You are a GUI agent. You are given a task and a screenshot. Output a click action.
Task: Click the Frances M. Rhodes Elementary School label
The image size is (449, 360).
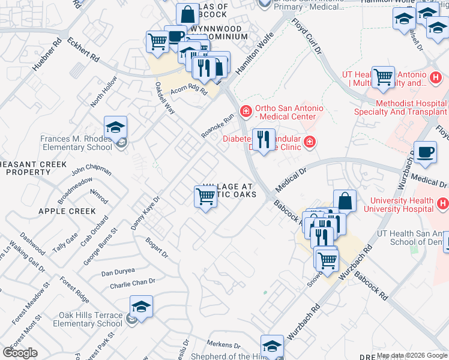click(76, 143)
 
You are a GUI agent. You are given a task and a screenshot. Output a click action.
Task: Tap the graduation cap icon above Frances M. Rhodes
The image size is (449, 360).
click(115, 127)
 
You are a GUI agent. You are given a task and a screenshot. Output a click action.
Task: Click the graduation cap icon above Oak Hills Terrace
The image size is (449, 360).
click(141, 307)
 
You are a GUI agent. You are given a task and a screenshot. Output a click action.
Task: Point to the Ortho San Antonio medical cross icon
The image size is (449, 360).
click(245, 112)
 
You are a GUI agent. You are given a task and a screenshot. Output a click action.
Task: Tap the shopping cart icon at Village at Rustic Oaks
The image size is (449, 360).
click(206, 196)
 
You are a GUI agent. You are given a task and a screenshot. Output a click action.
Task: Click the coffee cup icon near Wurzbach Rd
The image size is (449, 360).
click(425, 152)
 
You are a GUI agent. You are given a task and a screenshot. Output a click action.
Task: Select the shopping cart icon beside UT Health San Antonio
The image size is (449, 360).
click(383, 77)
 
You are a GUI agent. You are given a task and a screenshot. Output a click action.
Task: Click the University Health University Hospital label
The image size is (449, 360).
click(402, 205)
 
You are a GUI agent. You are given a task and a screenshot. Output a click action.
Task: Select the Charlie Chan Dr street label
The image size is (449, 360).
click(133, 283)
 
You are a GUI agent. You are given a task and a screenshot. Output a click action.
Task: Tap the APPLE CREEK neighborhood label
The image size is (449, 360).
click(67, 211)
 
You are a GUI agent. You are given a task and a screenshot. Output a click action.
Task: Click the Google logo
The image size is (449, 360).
click(20, 353)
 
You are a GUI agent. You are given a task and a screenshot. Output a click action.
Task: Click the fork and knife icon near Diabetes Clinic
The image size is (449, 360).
click(264, 140)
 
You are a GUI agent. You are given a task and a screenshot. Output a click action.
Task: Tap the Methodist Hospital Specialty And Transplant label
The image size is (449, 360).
click(411, 107)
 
